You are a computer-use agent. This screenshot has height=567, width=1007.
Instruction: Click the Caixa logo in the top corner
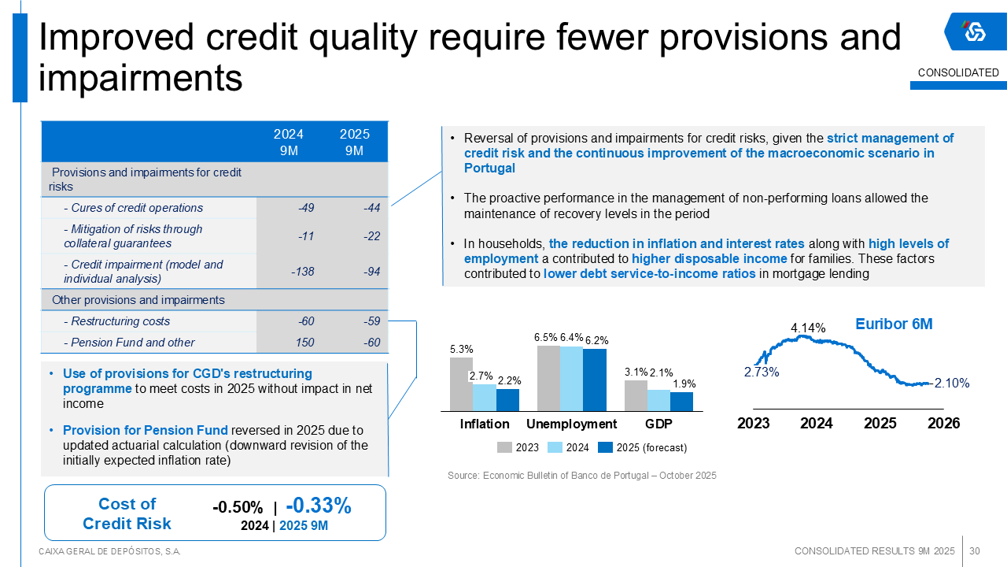(x=974, y=31)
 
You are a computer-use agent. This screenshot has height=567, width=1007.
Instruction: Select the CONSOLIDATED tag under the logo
(x=958, y=73)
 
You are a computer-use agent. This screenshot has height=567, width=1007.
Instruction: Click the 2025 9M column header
(x=354, y=143)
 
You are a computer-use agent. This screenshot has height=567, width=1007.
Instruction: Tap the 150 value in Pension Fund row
(x=304, y=343)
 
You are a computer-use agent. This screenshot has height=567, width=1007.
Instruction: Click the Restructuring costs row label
(x=120, y=321)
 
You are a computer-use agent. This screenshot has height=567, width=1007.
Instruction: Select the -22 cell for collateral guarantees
(x=372, y=236)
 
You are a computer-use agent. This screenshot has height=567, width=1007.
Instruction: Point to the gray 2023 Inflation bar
(x=461, y=384)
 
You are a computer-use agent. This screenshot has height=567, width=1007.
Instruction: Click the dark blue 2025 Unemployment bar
(x=595, y=380)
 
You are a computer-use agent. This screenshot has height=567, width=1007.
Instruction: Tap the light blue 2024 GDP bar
(x=658, y=400)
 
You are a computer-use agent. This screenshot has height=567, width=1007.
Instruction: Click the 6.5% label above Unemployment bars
(x=545, y=338)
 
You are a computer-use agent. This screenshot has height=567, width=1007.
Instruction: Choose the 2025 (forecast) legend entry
(x=643, y=448)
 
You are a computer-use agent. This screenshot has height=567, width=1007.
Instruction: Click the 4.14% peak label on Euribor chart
(x=808, y=328)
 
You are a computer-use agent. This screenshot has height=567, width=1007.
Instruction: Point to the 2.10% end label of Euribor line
(x=952, y=384)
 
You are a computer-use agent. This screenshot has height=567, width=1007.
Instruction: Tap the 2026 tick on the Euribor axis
(x=944, y=424)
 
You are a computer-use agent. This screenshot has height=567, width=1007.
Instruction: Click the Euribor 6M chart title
(x=894, y=324)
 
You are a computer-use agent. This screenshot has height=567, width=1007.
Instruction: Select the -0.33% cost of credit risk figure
(x=318, y=506)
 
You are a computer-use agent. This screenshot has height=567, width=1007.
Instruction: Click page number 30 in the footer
(x=975, y=550)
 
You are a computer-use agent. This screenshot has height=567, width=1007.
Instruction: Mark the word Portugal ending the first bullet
(x=489, y=169)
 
